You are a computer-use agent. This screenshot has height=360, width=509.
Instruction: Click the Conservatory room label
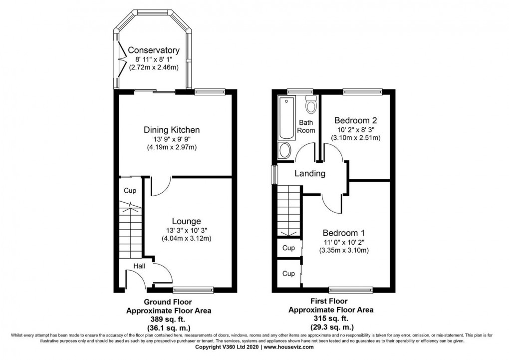tap(153, 50)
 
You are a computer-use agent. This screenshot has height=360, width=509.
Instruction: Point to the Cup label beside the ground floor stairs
tap(130, 191)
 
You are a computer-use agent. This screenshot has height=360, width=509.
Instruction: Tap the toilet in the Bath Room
tap(311, 105)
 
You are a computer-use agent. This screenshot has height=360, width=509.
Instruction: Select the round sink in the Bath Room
tap(285, 150)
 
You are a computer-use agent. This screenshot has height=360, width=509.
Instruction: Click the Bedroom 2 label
tap(355, 120)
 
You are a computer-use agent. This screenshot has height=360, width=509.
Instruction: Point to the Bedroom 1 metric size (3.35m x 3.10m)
tap(344, 250)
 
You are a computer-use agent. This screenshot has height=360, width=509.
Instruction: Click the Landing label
tap(310, 174)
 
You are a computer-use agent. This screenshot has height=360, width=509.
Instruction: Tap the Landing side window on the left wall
tap(274, 175)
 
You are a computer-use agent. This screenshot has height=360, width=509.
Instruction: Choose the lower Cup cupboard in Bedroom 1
tap(288, 274)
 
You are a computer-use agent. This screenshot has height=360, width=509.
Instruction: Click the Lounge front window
tap(194, 289)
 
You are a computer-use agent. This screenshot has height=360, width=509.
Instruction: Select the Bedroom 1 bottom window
tap(351, 289)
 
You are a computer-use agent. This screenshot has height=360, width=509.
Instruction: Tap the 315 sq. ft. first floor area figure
tap(331, 318)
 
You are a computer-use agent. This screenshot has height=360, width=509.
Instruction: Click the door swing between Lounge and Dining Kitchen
tap(160, 186)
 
